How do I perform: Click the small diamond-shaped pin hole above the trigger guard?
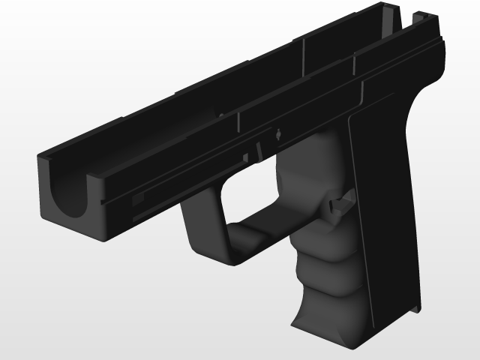(x=278, y=135)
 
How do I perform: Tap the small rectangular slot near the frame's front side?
(x=138, y=199)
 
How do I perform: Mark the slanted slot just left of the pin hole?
(x=257, y=148)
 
